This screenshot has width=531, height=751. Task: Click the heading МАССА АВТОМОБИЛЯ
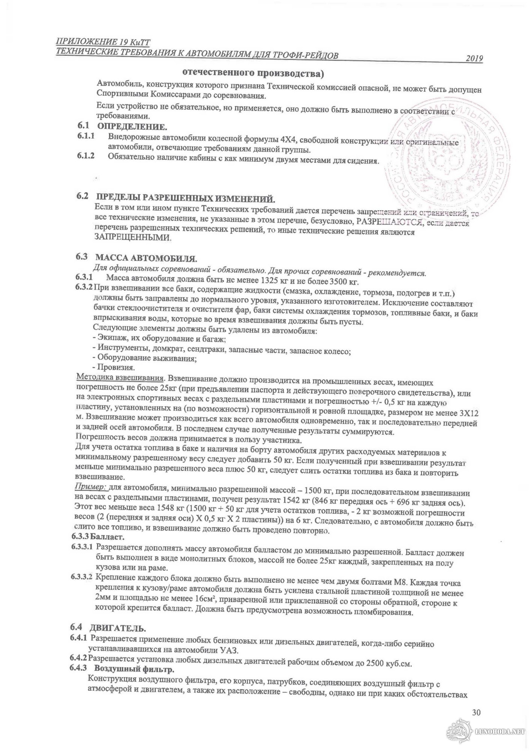(x=146, y=258)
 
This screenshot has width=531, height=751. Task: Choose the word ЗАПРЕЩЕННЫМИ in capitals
(x=133, y=237)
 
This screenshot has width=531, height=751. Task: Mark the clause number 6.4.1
(x=78, y=638)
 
